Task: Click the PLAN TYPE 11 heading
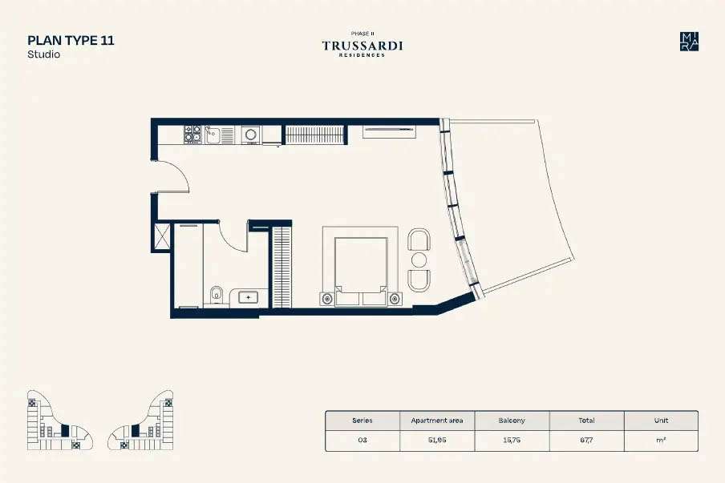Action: coord(71,40)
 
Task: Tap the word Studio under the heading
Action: coord(44,54)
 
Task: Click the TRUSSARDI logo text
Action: coord(362,46)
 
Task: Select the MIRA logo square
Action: coord(689,42)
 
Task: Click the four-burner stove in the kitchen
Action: coord(192,134)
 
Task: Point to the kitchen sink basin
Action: coord(213,135)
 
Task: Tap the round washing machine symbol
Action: coord(250,135)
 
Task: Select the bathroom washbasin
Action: coord(249,297)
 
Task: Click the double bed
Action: coord(361,271)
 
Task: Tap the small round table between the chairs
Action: coord(419,260)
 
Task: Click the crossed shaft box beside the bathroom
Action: coord(162,236)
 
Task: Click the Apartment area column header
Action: coord(437,421)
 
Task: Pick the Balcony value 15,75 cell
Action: coord(512,441)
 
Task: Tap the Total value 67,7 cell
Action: coord(586,441)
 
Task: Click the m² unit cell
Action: coord(661,441)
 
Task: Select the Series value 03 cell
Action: coord(362,441)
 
